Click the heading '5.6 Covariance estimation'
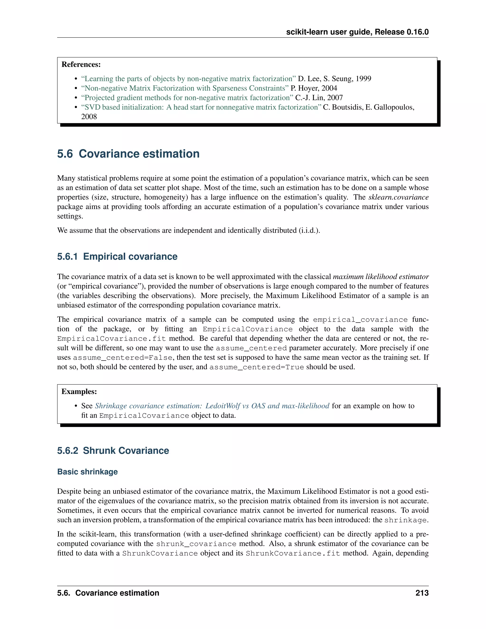point(128,154)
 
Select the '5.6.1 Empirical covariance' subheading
point(117,257)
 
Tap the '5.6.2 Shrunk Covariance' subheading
point(113,451)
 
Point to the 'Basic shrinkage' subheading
point(87,472)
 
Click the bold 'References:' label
point(81,64)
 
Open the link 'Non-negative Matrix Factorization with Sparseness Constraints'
point(185,88)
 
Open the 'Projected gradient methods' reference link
point(187,98)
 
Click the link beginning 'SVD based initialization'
point(201,107)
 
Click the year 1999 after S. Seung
point(363,79)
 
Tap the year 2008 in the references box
point(89,117)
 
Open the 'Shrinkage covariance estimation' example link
point(212,406)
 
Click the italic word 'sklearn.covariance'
point(398,197)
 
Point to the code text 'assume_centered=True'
point(257,367)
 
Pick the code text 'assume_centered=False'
point(123,358)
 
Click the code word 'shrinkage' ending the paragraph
point(406,520)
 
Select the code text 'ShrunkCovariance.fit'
point(293,553)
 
